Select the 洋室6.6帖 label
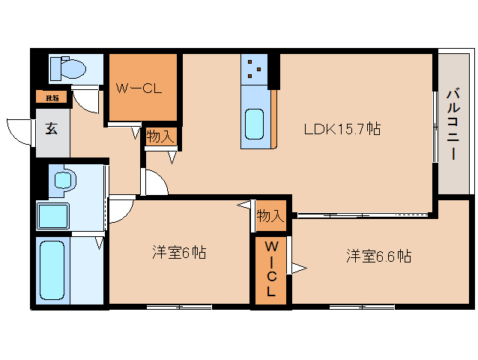click(x=378, y=256)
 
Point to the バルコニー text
click(x=453, y=124)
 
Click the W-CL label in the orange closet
click(x=139, y=87)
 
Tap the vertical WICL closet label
click(x=272, y=270)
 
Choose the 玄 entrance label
click(x=51, y=128)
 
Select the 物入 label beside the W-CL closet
click(x=160, y=136)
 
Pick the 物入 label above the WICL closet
click(x=270, y=216)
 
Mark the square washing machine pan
click(x=53, y=216)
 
